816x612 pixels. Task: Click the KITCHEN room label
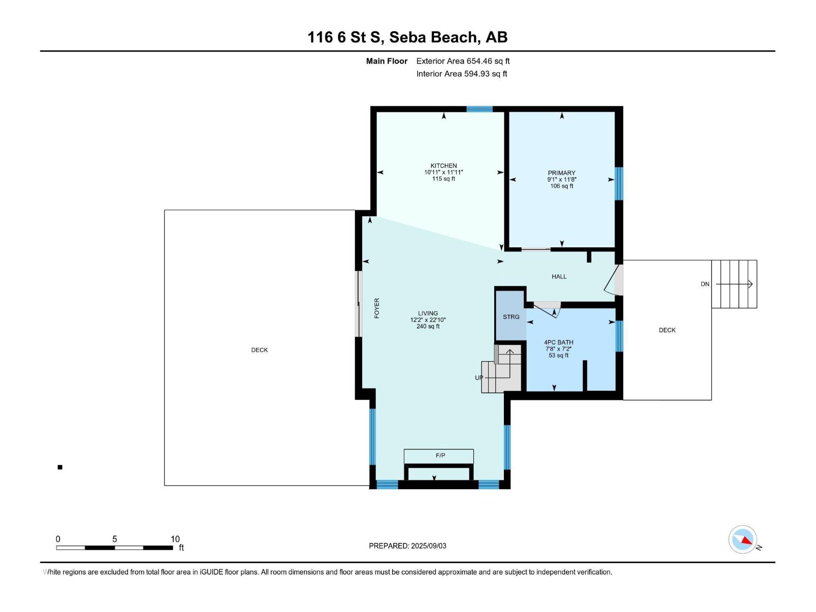pyautogui.click(x=443, y=166)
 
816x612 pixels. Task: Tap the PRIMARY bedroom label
pyautogui.click(x=562, y=173)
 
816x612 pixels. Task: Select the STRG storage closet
pyautogui.click(x=511, y=317)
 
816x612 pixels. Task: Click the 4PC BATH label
pyautogui.click(x=558, y=343)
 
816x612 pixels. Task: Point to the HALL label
pyautogui.click(x=559, y=276)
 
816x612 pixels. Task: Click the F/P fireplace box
pyautogui.click(x=439, y=455)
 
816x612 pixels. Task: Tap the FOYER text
pyautogui.click(x=377, y=309)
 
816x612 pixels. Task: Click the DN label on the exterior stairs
pyautogui.click(x=705, y=284)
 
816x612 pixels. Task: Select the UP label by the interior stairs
pyautogui.click(x=479, y=378)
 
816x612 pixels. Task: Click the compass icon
pyautogui.click(x=743, y=540)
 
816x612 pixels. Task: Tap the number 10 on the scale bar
pyautogui.click(x=175, y=539)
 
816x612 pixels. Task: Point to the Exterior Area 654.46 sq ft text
pyautogui.click(x=463, y=61)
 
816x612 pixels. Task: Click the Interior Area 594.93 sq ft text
pyautogui.click(x=462, y=74)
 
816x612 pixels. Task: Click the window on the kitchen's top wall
pyautogui.click(x=479, y=109)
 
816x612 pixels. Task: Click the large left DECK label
pyautogui.click(x=259, y=350)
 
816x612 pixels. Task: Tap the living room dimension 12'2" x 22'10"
pyautogui.click(x=428, y=320)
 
